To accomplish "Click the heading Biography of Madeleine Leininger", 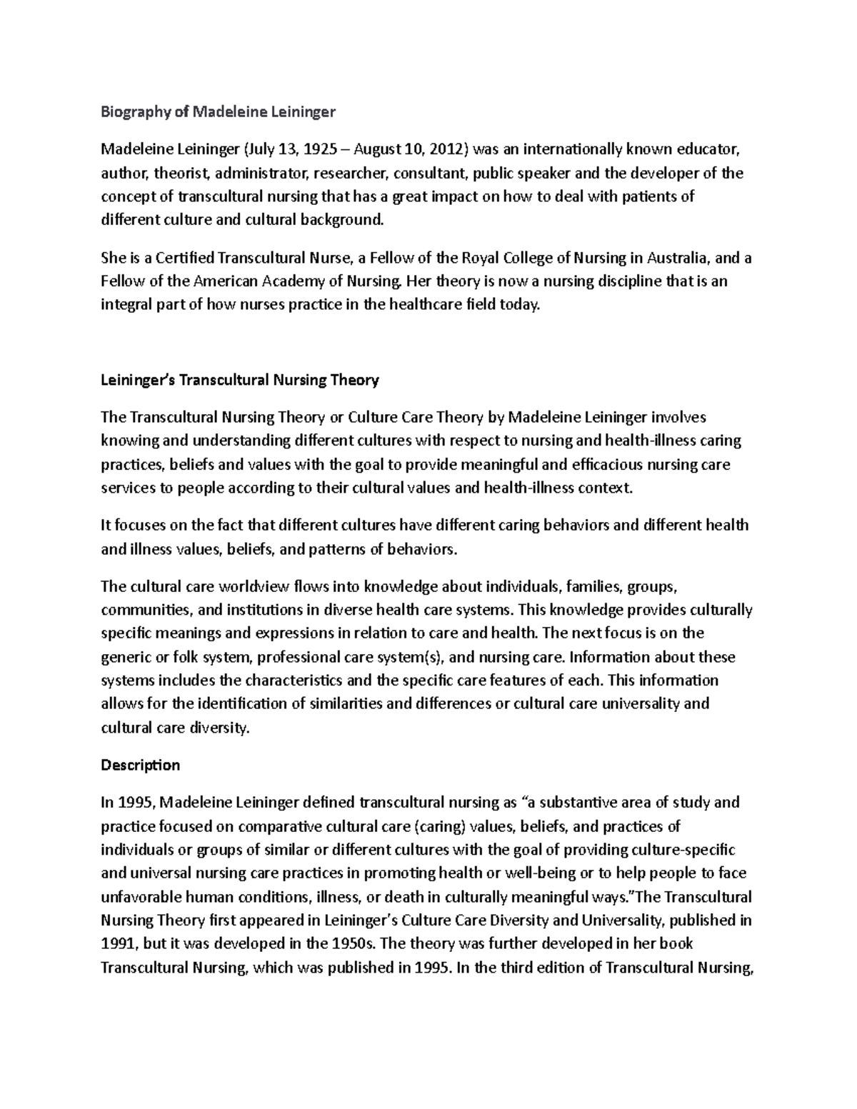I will click(218, 112).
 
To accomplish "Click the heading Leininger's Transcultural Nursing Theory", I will click(240, 380).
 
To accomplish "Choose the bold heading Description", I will click(141, 765).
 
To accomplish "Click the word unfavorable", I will click(141, 897).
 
